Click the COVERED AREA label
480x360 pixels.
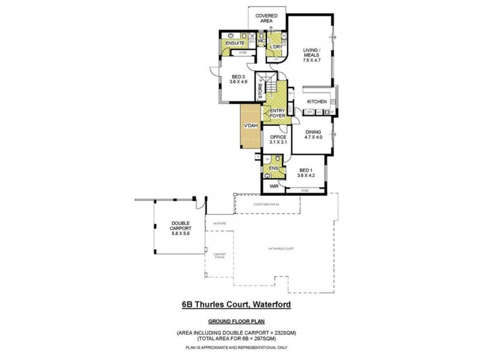tap(264, 17)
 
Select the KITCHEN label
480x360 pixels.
tap(317, 102)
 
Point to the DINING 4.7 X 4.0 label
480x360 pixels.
tap(313, 135)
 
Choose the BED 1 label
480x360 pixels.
tap(306, 173)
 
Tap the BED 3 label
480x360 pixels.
tap(238, 79)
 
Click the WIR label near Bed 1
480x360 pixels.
tap(273, 187)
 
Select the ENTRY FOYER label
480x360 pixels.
tap(278, 113)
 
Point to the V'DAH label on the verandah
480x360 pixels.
tap(250, 126)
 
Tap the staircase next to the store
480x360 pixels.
tap(272, 91)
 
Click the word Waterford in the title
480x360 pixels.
tap(272, 305)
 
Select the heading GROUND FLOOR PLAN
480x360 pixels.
tap(237, 320)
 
